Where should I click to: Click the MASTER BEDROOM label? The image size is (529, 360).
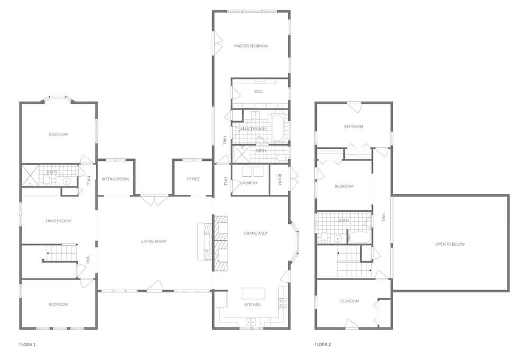251,46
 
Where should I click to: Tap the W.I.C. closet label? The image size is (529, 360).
259,91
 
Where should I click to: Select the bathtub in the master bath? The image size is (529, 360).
277,128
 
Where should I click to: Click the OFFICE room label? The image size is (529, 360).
193,179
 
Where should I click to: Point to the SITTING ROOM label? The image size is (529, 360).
115,179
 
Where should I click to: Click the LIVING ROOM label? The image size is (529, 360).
154,241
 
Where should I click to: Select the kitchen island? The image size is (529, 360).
253,293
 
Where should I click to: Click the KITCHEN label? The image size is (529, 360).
252,305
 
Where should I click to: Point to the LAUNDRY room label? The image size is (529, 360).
249,183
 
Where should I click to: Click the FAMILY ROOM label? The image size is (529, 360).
58,221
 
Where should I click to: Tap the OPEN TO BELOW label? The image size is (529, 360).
450,244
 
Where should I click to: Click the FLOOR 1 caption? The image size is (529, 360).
28,345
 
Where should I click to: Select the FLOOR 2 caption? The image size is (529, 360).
323,345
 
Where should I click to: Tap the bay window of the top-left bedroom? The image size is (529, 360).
58,98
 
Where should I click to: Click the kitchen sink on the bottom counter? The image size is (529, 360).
251,321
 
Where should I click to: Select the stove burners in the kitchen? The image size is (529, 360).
283,303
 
